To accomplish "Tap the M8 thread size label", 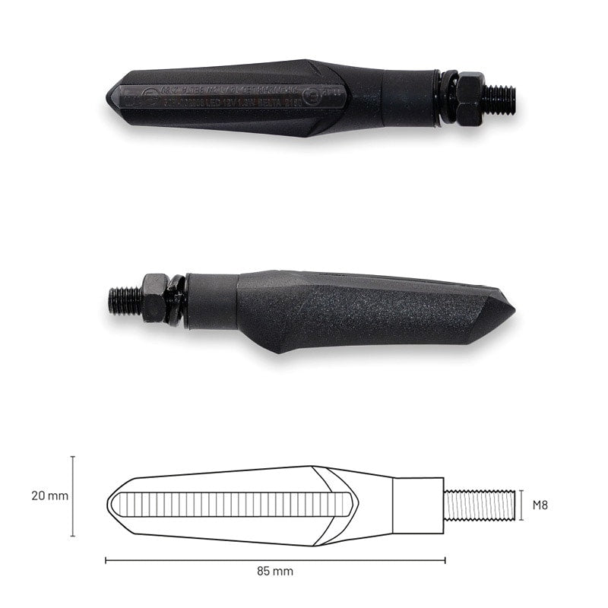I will pyautogui.click(x=540, y=505).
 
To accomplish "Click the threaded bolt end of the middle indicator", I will pyautogui.click(x=124, y=299).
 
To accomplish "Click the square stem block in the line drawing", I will pyautogui.click(x=419, y=505).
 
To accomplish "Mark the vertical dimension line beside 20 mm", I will pyautogui.click(x=73, y=496).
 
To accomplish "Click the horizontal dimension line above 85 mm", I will pyautogui.click(x=275, y=560).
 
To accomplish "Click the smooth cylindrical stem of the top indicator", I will pyautogui.click(x=409, y=97).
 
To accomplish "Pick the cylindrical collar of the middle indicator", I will pyautogui.click(x=212, y=301).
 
